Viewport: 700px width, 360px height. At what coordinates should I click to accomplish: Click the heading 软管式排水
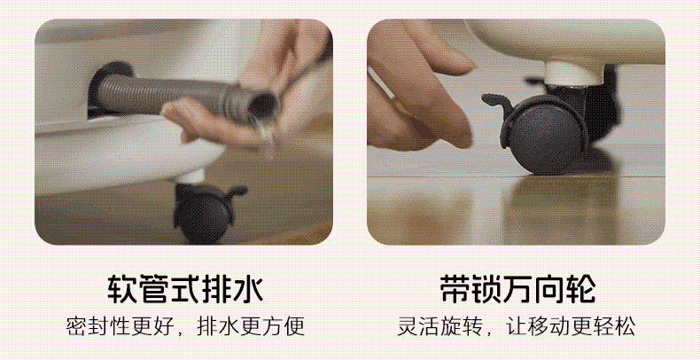185,289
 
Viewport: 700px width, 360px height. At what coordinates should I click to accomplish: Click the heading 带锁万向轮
517,289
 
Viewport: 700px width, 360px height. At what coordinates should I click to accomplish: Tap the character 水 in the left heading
248,289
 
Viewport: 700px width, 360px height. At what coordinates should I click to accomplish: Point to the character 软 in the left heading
122,289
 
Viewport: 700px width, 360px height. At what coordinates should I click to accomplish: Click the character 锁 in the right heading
486,289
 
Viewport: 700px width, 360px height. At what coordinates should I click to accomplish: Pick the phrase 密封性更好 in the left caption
121,326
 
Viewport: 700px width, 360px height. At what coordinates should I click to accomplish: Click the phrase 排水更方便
251,326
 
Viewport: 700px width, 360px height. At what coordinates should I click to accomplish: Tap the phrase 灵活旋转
440,326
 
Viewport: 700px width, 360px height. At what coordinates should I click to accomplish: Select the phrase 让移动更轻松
571,326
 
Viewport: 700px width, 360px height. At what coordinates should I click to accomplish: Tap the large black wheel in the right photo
546,137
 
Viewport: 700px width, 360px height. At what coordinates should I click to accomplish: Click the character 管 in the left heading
153,289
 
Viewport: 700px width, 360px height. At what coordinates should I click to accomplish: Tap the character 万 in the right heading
517,289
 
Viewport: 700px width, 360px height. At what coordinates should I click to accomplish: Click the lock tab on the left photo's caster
237,192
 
